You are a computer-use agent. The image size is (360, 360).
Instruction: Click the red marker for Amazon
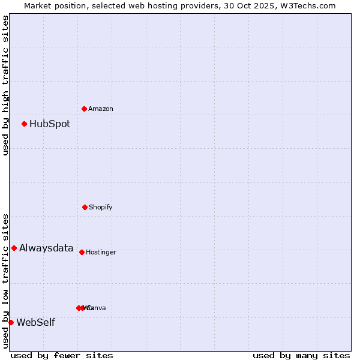pyautogui.click(x=84, y=109)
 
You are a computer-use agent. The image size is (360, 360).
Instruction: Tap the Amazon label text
pyautogui.click(x=101, y=109)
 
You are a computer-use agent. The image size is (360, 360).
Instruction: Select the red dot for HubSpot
pyautogui.click(x=24, y=124)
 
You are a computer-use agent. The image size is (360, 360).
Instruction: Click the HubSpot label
pyautogui.click(x=50, y=124)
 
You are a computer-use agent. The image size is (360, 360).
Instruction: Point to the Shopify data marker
pyautogui.click(x=85, y=207)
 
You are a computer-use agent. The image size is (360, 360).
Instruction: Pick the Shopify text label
pyautogui.click(x=101, y=207)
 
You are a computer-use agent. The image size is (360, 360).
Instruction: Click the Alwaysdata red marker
pyautogui.click(x=14, y=248)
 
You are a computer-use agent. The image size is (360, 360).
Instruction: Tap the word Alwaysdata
pyautogui.click(x=46, y=248)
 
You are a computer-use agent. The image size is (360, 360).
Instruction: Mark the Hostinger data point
pyautogui.click(x=82, y=252)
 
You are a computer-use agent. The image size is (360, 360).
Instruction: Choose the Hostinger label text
pyautogui.click(x=101, y=252)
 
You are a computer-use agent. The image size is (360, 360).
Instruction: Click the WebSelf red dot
pyautogui.click(x=11, y=322)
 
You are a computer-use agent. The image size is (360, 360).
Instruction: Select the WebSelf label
pyautogui.click(x=35, y=323)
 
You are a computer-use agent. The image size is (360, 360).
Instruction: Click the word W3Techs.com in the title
pyautogui.click(x=310, y=5)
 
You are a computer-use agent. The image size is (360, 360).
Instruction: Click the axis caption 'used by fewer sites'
pyautogui.click(x=62, y=355)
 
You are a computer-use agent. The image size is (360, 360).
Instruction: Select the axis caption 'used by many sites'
pyautogui.click(x=301, y=355)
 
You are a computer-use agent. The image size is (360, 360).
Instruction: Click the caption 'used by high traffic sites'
pyautogui.click(x=5, y=85)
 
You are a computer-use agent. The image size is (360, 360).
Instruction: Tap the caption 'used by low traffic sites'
pyautogui.click(x=5, y=280)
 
